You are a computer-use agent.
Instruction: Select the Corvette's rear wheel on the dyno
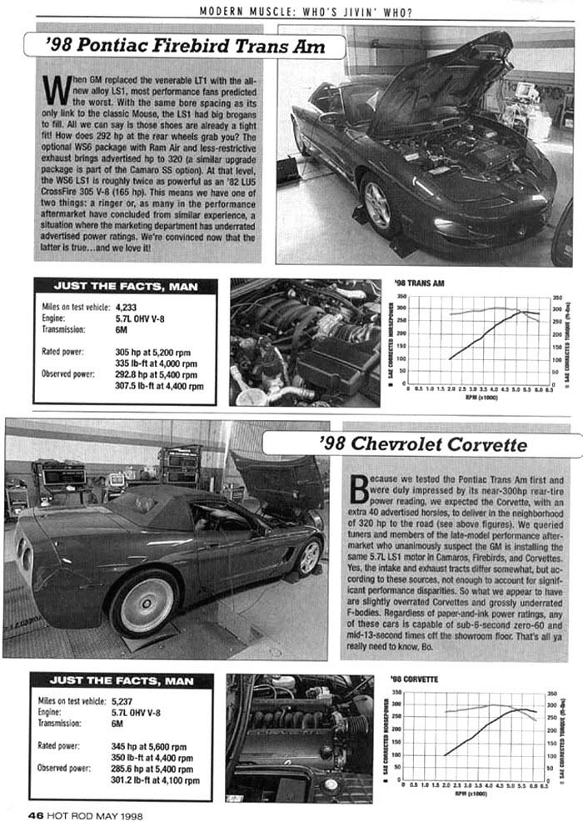point(145,604)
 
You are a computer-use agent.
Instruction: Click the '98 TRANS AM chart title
point(420,283)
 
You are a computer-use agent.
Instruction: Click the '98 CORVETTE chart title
point(417,679)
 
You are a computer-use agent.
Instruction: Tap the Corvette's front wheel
point(309,557)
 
